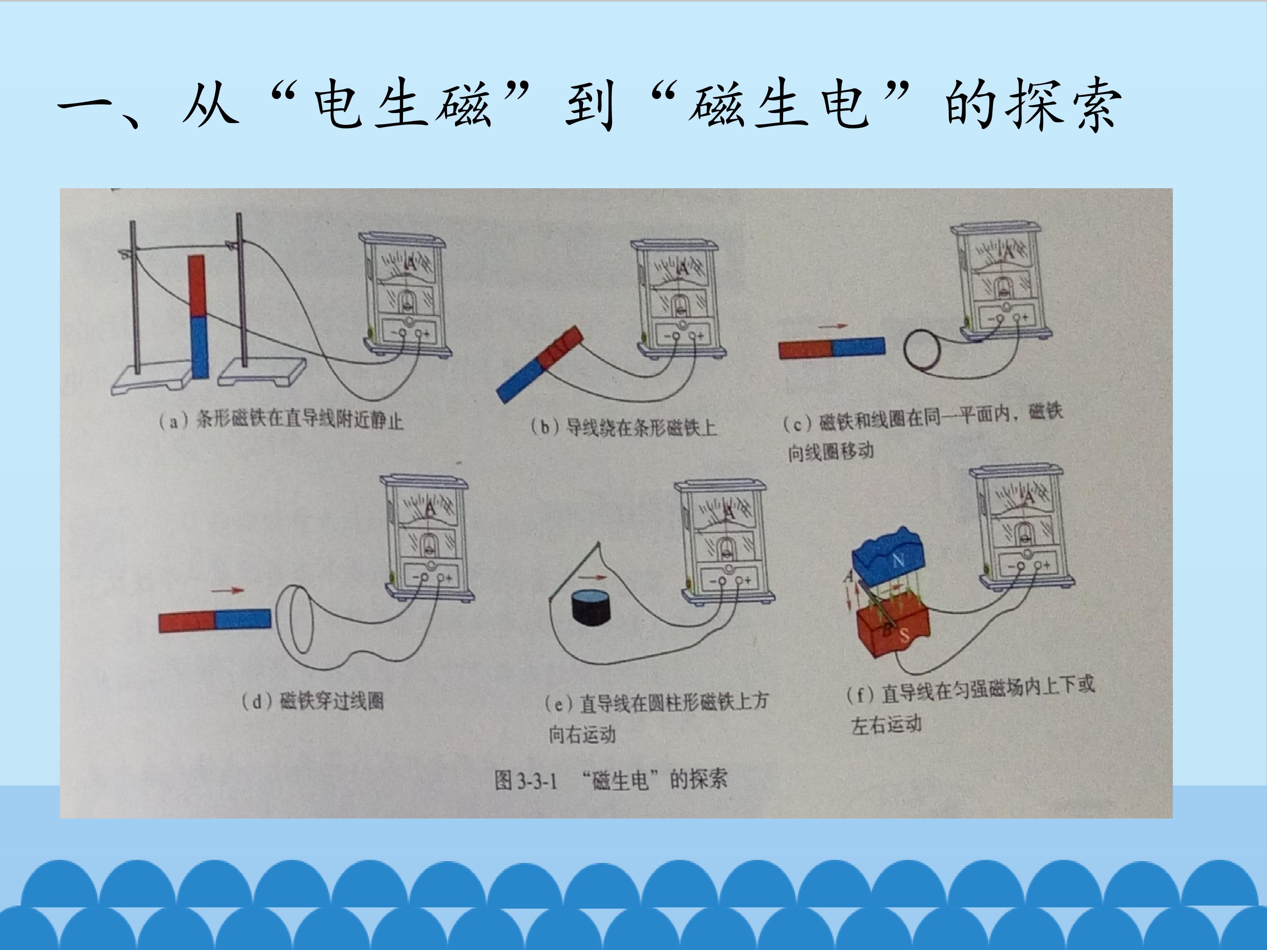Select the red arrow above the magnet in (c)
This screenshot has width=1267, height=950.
pos(832,326)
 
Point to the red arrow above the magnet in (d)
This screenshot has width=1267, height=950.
pos(227,590)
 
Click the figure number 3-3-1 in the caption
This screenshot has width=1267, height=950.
pos(537,781)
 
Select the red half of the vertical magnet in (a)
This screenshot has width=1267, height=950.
pos(197,286)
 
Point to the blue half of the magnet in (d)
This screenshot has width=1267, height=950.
pos(243,619)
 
